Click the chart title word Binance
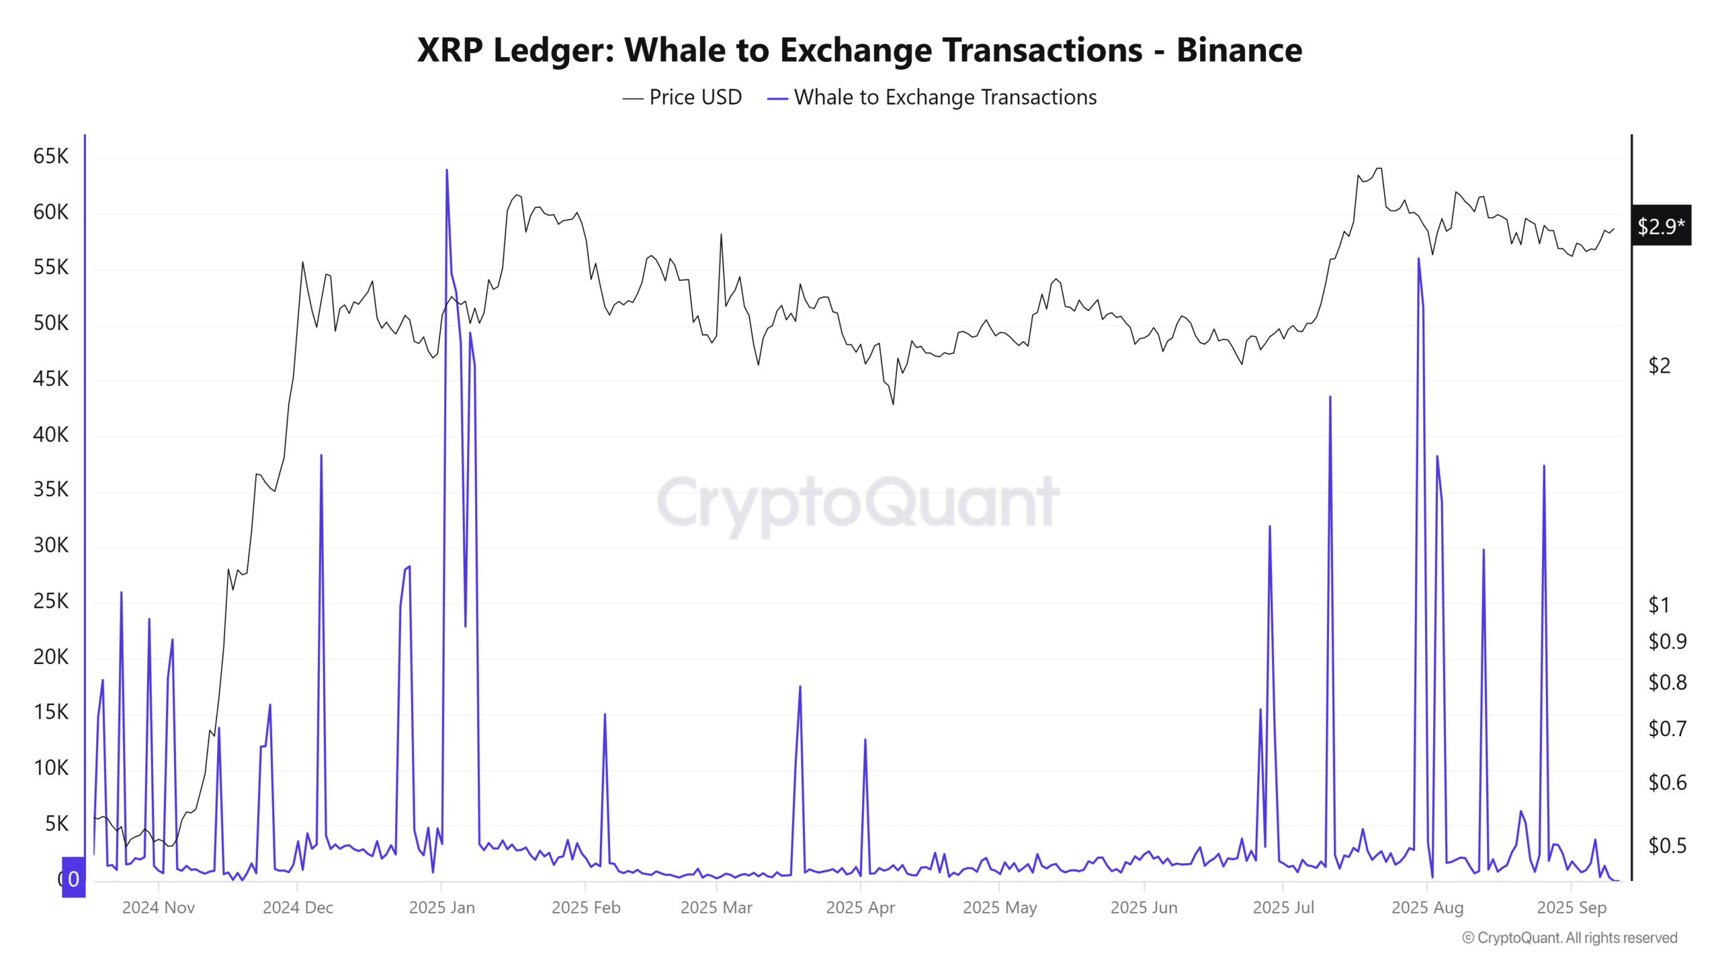pos(1239,50)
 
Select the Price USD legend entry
pos(683,97)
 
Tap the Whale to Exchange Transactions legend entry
pos(933,97)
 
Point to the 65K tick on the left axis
pos(51,156)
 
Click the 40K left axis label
pos(51,435)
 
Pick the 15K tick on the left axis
pos(51,712)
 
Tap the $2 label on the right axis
pos(1659,366)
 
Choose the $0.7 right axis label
pos(1667,729)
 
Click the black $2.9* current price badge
pos(1661,226)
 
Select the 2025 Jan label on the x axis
pos(441,908)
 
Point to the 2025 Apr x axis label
pos(860,908)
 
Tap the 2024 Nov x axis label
pos(159,908)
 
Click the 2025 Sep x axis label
pos(1572,908)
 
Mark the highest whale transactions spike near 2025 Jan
pos(447,171)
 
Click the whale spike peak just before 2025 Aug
pos(1418,259)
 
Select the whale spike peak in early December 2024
pos(321,456)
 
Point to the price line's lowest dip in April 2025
pos(893,404)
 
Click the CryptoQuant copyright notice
pos(1569,938)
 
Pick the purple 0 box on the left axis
pos(73,878)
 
